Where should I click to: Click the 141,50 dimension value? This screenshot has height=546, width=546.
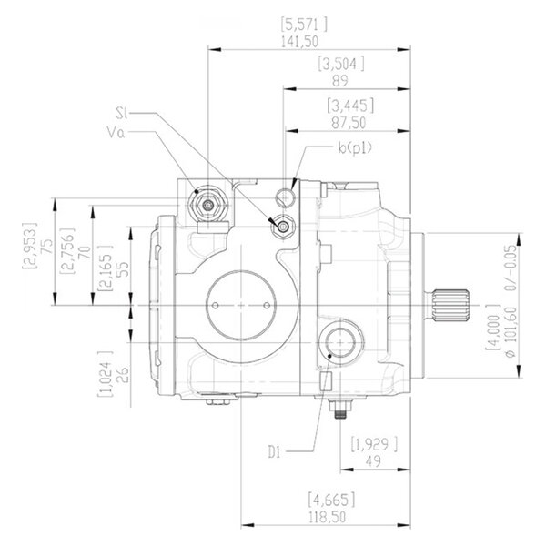(299, 42)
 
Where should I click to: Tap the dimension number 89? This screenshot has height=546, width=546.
(340, 81)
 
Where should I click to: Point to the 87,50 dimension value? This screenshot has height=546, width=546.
(349, 123)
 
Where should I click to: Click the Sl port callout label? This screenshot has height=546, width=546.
(122, 113)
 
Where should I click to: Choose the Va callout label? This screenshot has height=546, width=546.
(116, 133)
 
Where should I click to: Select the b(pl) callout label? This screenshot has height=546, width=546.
(355, 147)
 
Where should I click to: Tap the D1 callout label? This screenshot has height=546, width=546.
(274, 452)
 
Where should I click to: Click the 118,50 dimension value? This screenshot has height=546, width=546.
(328, 517)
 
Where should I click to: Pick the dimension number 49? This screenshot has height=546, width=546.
(373, 461)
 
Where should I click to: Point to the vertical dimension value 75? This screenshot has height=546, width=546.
(47, 246)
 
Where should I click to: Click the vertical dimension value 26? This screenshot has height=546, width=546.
(123, 374)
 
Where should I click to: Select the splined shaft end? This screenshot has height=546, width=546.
(451, 306)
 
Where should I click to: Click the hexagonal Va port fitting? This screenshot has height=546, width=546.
(207, 205)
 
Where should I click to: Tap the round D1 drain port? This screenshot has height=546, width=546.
(340, 343)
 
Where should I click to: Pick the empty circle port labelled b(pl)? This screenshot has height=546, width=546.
(286, 197)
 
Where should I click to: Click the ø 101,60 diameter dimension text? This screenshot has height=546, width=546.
(511, 332)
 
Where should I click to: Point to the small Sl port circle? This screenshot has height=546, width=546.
(284, 227)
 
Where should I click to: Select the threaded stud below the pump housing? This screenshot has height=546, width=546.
(340, 409)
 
